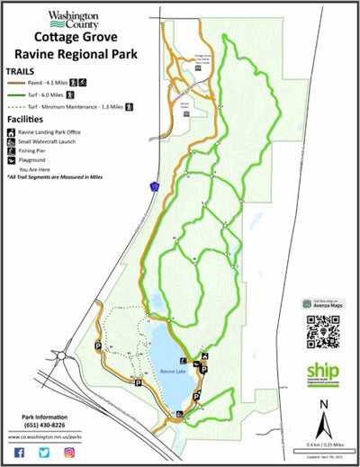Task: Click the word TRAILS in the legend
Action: (x=22, y=69)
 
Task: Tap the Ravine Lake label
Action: (x=171, y=371)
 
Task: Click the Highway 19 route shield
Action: (x=153, y=187)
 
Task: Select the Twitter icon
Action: (x=44, y=451)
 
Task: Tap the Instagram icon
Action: (x=68, y=451)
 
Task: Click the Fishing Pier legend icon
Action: (x=11, y=150)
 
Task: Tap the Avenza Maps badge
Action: (x=322, y=305)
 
